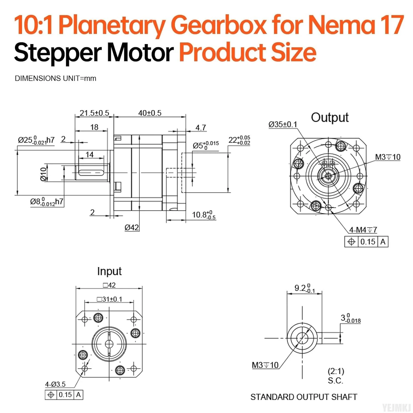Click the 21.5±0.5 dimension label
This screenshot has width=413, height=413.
click(x=94, y=113)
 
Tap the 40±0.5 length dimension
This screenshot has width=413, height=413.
click(x=150, y=113)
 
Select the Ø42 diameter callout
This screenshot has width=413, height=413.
click(x=132, y=227)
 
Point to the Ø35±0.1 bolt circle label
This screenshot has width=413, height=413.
click(x=283, y=124)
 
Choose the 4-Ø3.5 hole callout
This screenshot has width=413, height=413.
click(x=55, y=384)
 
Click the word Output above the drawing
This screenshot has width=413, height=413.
click(x=330, y=118)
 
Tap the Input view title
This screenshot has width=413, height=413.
click(x=109, y=271)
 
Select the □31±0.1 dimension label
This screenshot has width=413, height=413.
click(x=109, y=299)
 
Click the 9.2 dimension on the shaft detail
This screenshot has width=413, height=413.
click(x=305, y=288)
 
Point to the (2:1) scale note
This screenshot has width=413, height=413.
click(x=336, y=371)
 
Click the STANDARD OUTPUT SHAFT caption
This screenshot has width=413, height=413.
click(x=304, y=397)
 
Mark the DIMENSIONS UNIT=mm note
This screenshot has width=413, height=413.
click(x=56, y=78)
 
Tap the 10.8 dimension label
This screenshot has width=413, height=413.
click(x=204, y=215)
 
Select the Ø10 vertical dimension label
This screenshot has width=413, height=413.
click(x=44, y=174)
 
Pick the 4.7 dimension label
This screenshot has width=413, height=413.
click(x=201, y=127)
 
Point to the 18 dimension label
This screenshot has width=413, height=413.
click(x=94, y=127)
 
